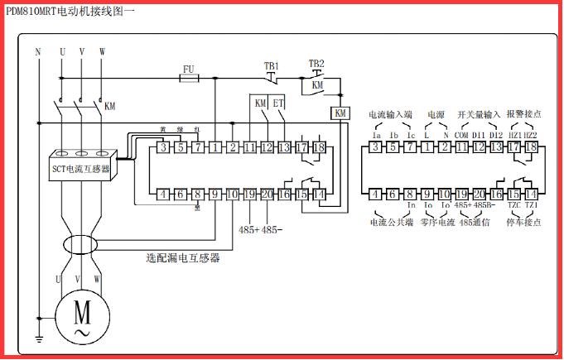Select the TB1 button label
[271, 65]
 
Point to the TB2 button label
[316, 64]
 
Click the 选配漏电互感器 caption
[183, 258]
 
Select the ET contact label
[278, 104]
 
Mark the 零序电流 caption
[436, 222]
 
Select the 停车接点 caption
[523, 222]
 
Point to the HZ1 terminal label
[514, 135]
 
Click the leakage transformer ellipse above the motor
[80, 246]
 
